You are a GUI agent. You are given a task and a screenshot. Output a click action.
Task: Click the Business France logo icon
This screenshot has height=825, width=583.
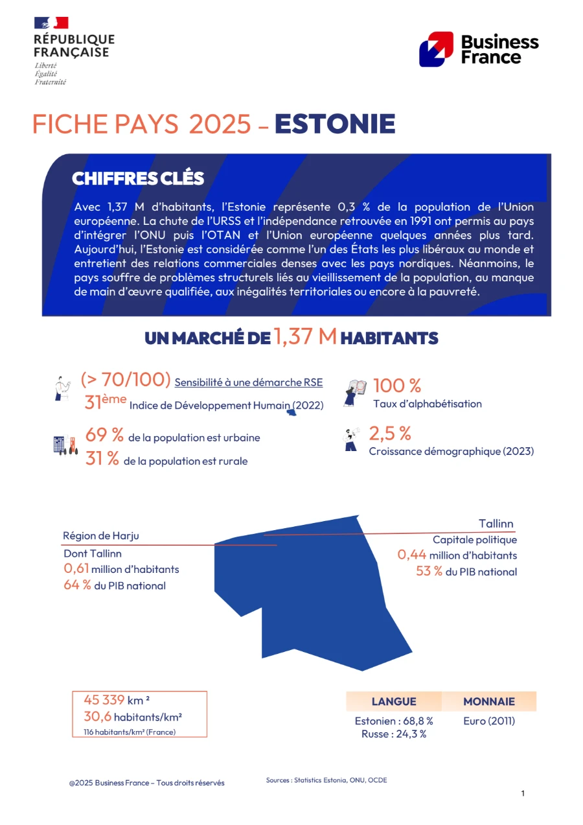(x=436, y=49)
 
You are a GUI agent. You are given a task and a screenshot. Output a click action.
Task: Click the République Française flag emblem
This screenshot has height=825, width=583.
(x=51, y=23)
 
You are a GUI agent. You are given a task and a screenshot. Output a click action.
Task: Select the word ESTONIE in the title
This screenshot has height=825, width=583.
(x=335, y=124)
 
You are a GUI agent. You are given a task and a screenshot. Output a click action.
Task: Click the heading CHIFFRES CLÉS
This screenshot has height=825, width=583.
(x=138, y=178)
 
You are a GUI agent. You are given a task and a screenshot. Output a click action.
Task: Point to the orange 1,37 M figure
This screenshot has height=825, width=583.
(x=305, y=336)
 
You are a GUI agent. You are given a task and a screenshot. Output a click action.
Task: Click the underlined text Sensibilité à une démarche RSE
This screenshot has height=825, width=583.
(x=249, y=382)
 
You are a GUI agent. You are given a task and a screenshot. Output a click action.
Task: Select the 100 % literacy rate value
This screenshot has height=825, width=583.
(x=397, y=386)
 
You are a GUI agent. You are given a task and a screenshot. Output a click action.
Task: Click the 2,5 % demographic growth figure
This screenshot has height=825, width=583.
(x=390, y=433)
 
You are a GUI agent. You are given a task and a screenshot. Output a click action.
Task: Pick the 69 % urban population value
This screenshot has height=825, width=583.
(x=105, y=436)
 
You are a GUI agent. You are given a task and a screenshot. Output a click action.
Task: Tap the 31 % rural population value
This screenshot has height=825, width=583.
(x=102, y=459)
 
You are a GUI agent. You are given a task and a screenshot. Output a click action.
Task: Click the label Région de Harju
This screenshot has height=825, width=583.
(x=101, y=536)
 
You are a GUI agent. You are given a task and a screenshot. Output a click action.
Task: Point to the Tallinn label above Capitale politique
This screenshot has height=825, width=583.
(x=496, y=524)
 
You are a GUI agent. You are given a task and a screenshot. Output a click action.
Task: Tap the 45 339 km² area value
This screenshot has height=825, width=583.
(x=117, y=700)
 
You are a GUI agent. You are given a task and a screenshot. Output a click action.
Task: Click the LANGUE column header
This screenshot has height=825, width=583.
(x=394, y=701)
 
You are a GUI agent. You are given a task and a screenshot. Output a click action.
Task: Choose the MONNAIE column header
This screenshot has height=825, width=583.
(x=489, y=701)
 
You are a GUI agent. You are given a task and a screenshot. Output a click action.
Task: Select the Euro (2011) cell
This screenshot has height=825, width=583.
(x=489, y=721)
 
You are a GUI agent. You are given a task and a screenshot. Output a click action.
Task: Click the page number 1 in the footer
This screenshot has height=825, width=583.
(x=523, y=793)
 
